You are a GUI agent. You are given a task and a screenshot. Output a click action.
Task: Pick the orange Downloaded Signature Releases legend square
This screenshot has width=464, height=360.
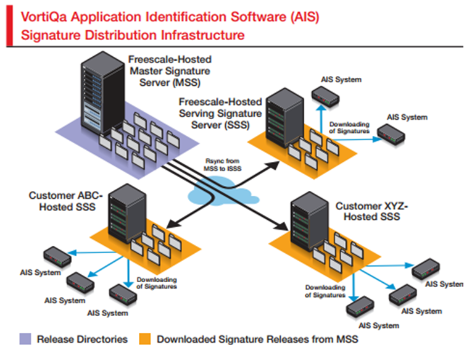click(144, 338)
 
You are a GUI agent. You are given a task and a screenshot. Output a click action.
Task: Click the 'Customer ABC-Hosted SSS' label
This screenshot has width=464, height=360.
click(62, 201)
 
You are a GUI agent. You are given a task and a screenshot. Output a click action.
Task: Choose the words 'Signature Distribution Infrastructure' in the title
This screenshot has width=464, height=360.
click(132, 35)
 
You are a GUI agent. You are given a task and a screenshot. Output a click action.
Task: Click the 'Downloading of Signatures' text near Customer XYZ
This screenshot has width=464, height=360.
click(325, 291)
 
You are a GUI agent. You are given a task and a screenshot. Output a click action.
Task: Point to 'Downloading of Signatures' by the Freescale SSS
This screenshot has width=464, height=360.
click(349, 127)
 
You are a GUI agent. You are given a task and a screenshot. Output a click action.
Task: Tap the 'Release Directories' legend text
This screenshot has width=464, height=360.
click(83, 339)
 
